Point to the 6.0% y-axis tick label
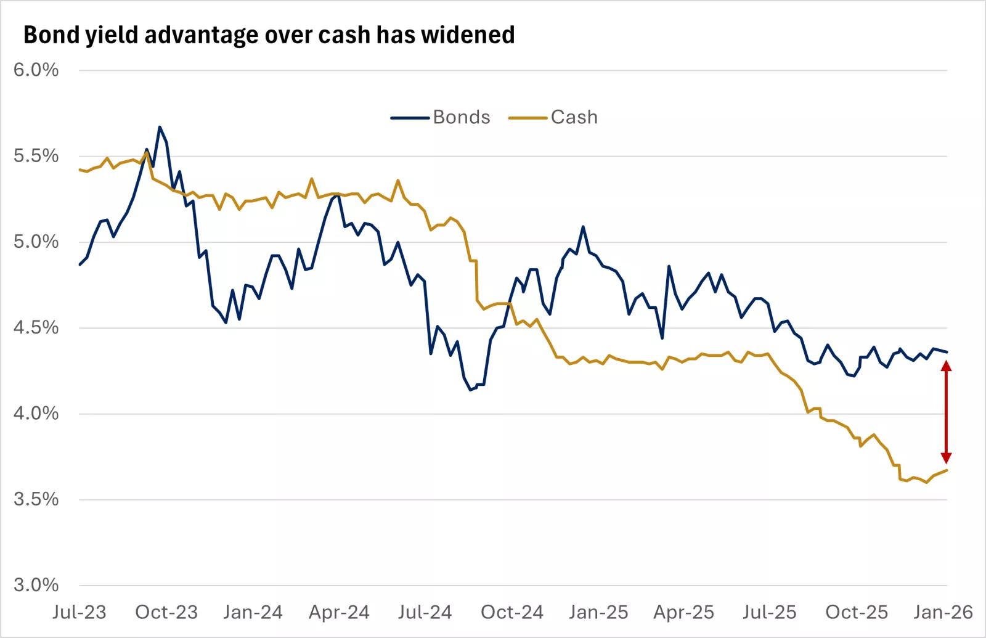point(36,70)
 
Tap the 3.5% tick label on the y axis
point(36,499)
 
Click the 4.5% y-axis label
point(36,327)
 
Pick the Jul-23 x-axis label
point(79,612)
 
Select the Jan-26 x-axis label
point(943,612)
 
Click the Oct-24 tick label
point(512,612)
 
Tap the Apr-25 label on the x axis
point(683,612)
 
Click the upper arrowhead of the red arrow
point(947,366)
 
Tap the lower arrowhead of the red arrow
point(947,458)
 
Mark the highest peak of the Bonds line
point(160,127)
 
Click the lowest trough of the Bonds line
point(470,390)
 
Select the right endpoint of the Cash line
point(947,470)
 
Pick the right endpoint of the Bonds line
point(947,352)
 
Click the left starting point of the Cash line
point(79,170)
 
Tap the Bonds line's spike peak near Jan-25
point(583,227)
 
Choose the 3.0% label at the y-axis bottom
point(36,585)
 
